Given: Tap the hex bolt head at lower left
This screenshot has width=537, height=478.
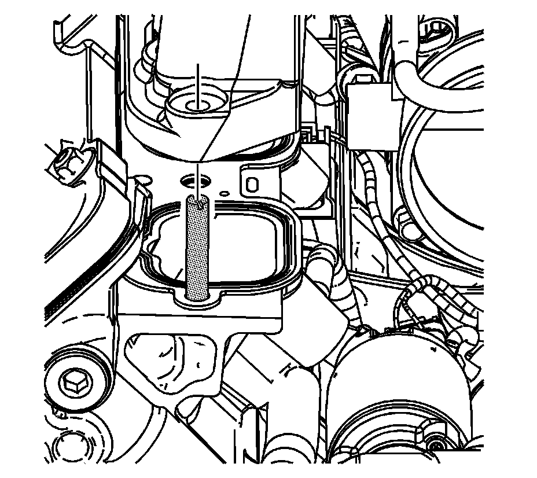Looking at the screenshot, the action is click(73, 381).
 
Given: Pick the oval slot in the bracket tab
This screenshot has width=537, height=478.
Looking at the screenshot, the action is click(252, 184).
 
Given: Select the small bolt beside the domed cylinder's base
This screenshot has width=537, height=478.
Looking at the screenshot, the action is click(434, 446).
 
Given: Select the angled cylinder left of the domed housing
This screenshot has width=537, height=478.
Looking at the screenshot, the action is click(301, 341).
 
